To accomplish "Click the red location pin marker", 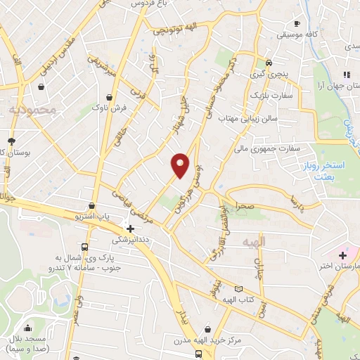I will (x=181, y=165).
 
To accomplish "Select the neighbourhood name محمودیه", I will (x=32, y=110).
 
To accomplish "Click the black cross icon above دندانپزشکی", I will (x=130, y=228).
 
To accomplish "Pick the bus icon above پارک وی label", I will (x=85, y=247).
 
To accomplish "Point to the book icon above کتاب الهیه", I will (x=238, y=289).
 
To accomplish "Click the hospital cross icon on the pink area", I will (x=343, y=255).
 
